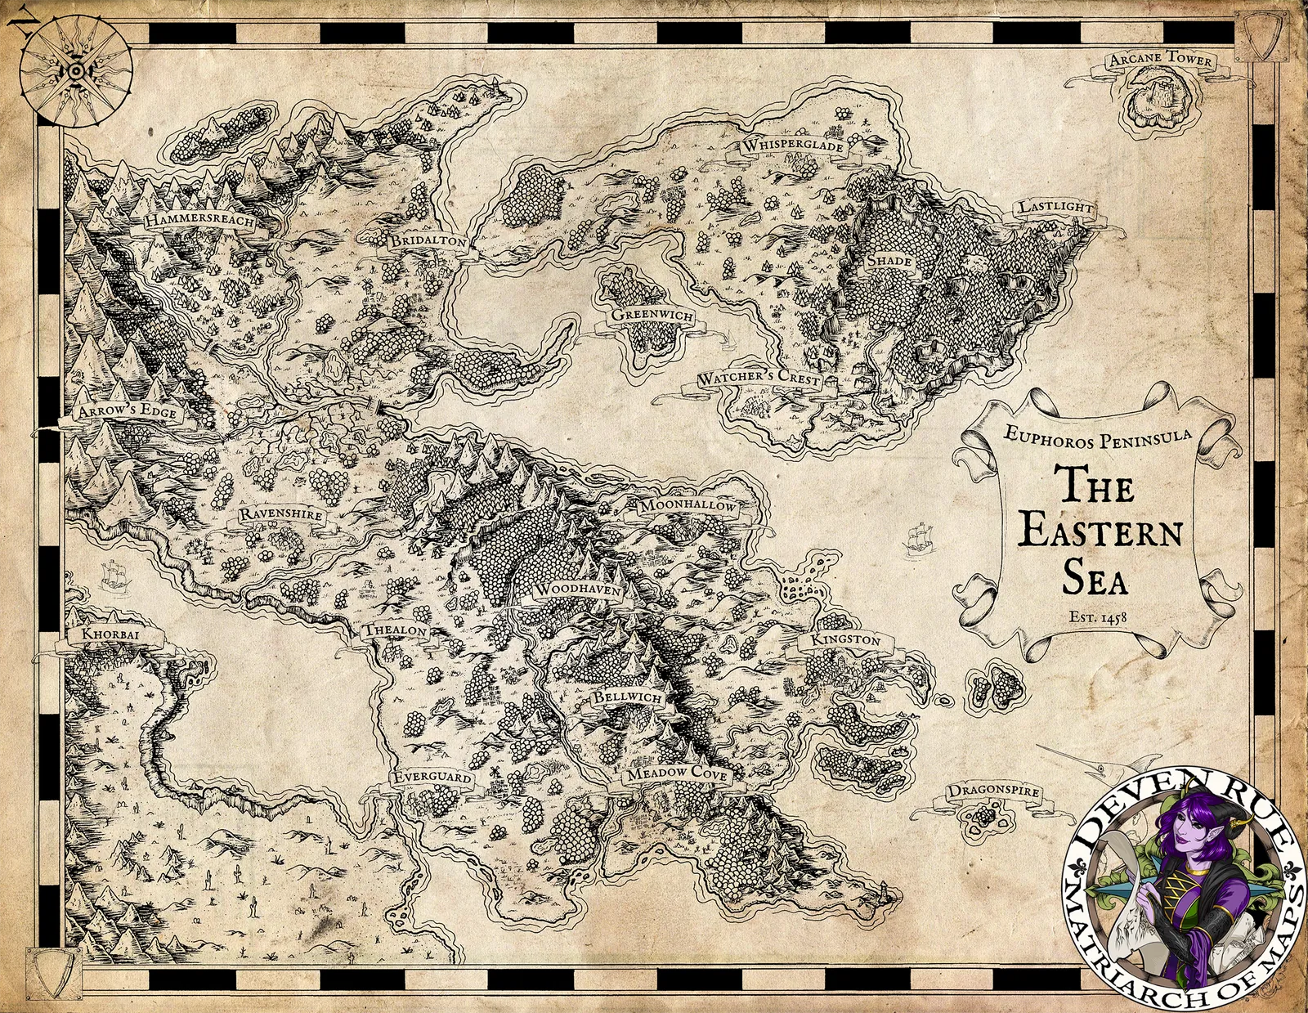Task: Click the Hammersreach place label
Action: (199, 222)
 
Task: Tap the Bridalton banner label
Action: (428, 242)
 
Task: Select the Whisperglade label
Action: (792, 146)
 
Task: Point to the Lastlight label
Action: (1055, 207)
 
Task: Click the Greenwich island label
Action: (652, 316)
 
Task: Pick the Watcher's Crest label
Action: (758, 379)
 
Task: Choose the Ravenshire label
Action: (280, 516)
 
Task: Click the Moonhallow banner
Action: (688, 506)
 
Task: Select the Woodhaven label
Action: (576, 589)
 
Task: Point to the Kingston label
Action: (845, 639)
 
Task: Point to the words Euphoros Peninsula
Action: (1098, 440)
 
